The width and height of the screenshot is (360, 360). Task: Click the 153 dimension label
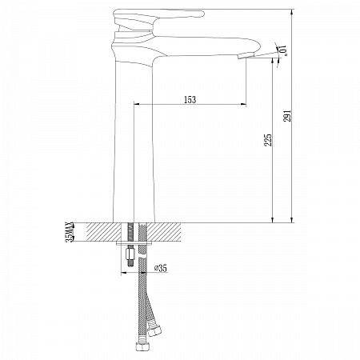coord(190,99)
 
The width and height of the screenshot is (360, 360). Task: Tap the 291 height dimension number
coord(287,116)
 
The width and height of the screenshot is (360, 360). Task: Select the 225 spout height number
coord(267,140)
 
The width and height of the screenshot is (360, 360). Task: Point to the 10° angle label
coord(282,50)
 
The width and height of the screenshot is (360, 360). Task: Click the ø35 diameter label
coord(161,268)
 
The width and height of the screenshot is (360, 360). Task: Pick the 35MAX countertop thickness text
coord(70,232)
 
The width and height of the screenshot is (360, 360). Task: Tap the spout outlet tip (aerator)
coord(242,55)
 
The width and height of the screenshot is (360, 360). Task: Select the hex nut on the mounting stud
coord(130,254)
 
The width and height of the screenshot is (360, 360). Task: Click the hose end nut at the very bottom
coord(141,347)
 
